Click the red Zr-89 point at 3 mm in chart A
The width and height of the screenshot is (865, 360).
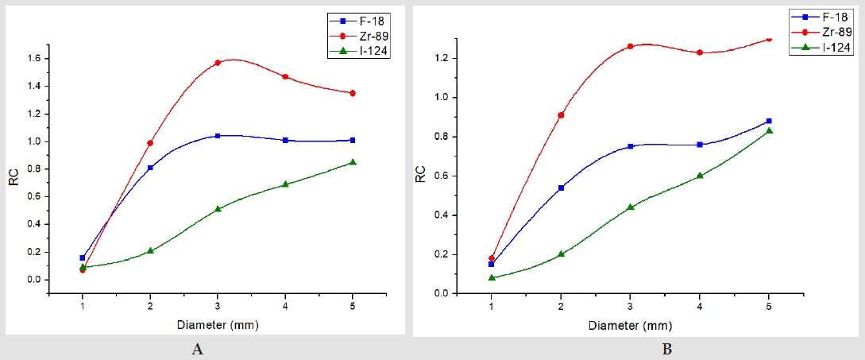point(218,63)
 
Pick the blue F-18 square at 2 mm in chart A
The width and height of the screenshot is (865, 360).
point(150,168)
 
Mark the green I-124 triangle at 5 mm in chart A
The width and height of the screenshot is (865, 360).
point(353,162)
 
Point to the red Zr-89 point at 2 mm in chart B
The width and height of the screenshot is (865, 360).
point(561,115)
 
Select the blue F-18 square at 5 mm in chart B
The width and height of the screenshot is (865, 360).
point(769,121)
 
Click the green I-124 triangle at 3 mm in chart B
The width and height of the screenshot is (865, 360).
point(631,207)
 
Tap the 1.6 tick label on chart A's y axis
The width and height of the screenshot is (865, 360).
point(38,59)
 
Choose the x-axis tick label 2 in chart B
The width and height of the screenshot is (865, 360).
point(561,308)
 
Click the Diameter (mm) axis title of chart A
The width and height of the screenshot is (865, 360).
point(218,325)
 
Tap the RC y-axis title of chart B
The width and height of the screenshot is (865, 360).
point(421,175)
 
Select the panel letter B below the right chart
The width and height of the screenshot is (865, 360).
point(667,349)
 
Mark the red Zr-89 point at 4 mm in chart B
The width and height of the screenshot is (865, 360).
point(700,52)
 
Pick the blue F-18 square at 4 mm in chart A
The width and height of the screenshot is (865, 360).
point(285,140)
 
